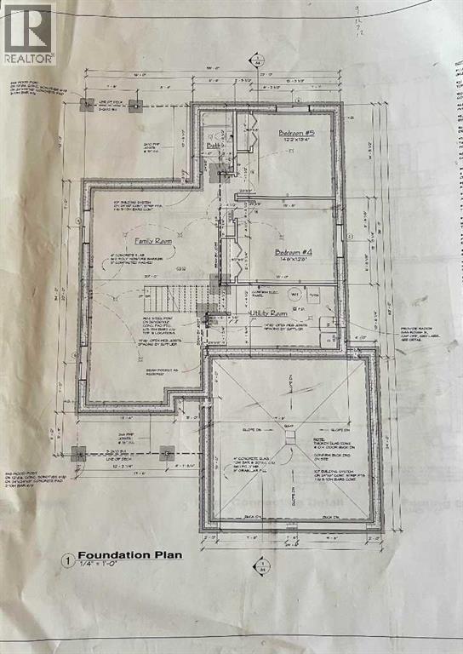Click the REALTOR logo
point(28,34)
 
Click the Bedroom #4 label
point(291,251)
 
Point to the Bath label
point(214,146)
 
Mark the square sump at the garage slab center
point(289,436)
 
